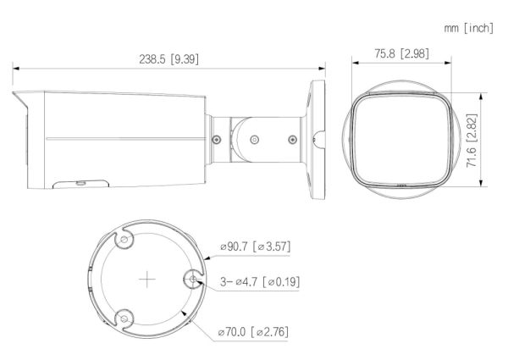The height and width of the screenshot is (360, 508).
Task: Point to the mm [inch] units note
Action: click(468, 29)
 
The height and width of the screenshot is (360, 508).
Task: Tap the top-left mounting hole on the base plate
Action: click(125, 241)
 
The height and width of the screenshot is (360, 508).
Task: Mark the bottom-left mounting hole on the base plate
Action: click(125, 318)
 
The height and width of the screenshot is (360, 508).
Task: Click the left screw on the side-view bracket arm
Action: click(218, 139)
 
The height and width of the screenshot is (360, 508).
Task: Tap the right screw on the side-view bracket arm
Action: click(292, 139)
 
